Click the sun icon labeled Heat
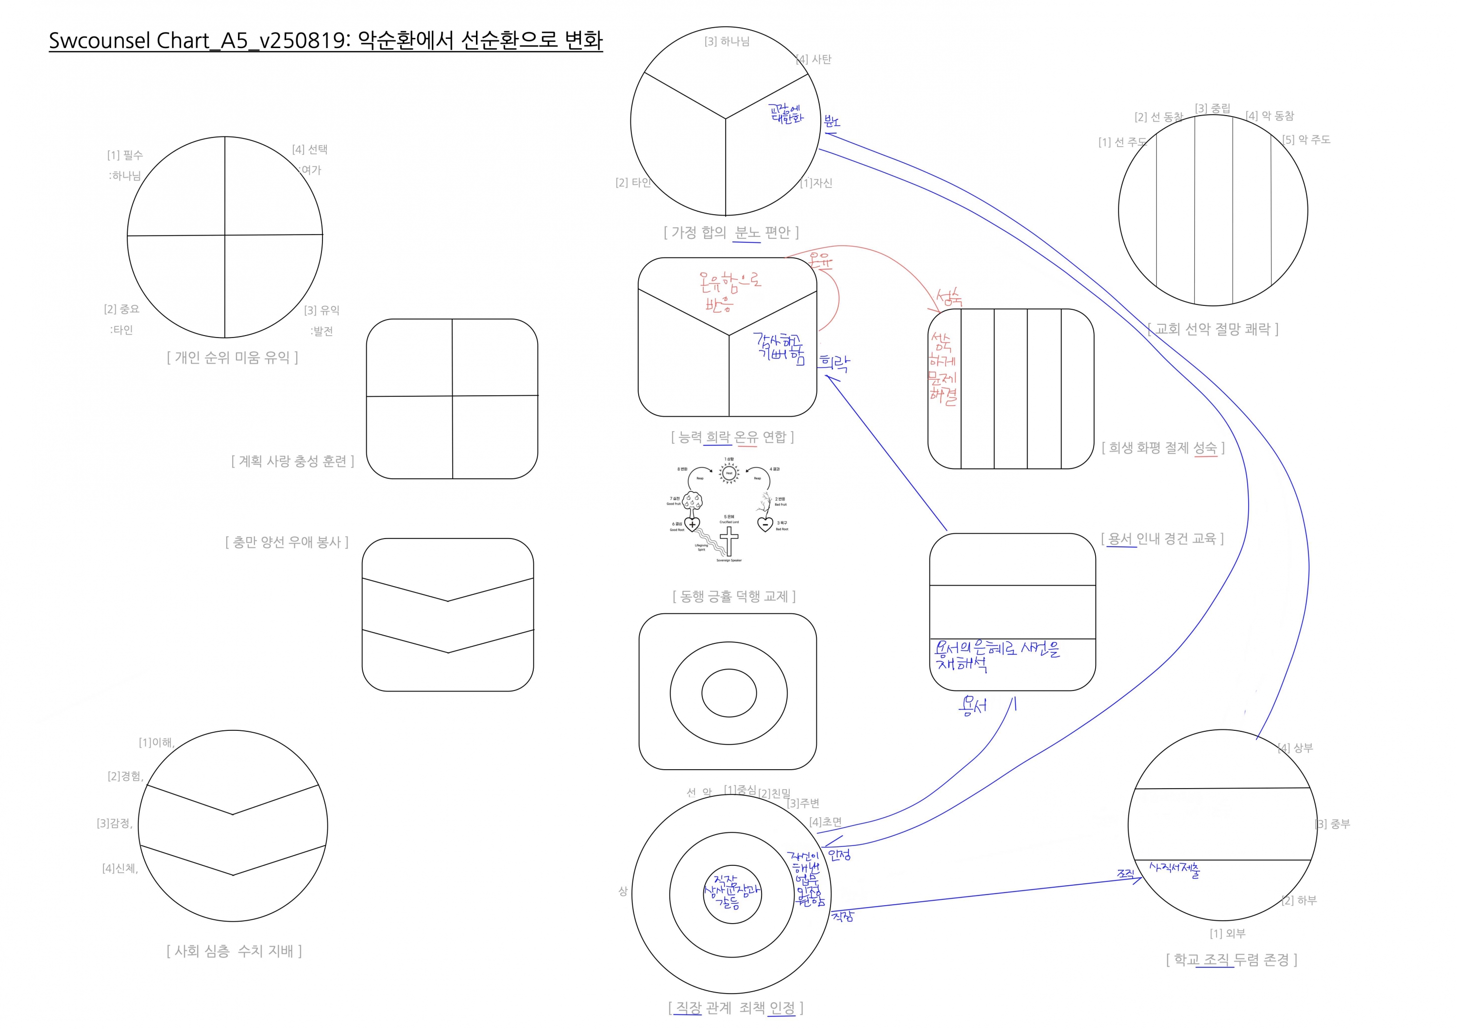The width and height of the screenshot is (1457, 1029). pos(729,472)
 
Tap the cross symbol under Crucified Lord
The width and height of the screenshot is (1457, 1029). pos(729,541)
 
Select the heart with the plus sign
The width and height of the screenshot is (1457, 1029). pos(692,524)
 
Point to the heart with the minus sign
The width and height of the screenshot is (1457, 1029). pos(765,524)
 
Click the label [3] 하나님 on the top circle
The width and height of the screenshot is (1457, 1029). pos(727,42)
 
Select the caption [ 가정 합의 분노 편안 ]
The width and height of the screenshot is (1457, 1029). pos(731,233)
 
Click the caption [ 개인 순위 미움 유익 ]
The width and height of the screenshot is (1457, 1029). pos(232,358)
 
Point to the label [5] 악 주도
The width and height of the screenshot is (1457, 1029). pos(1306,139)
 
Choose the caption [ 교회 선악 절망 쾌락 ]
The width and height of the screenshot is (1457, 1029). pos(1213,329)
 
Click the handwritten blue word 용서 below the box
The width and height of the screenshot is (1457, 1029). pos(973,706)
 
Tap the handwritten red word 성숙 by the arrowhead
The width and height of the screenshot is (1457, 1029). pos(949,298)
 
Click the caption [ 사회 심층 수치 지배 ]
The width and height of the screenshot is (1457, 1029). pos(234,951)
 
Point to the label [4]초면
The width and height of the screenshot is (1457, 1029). pos(826,822)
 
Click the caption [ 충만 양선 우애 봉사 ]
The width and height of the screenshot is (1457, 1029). pos(287,542)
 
